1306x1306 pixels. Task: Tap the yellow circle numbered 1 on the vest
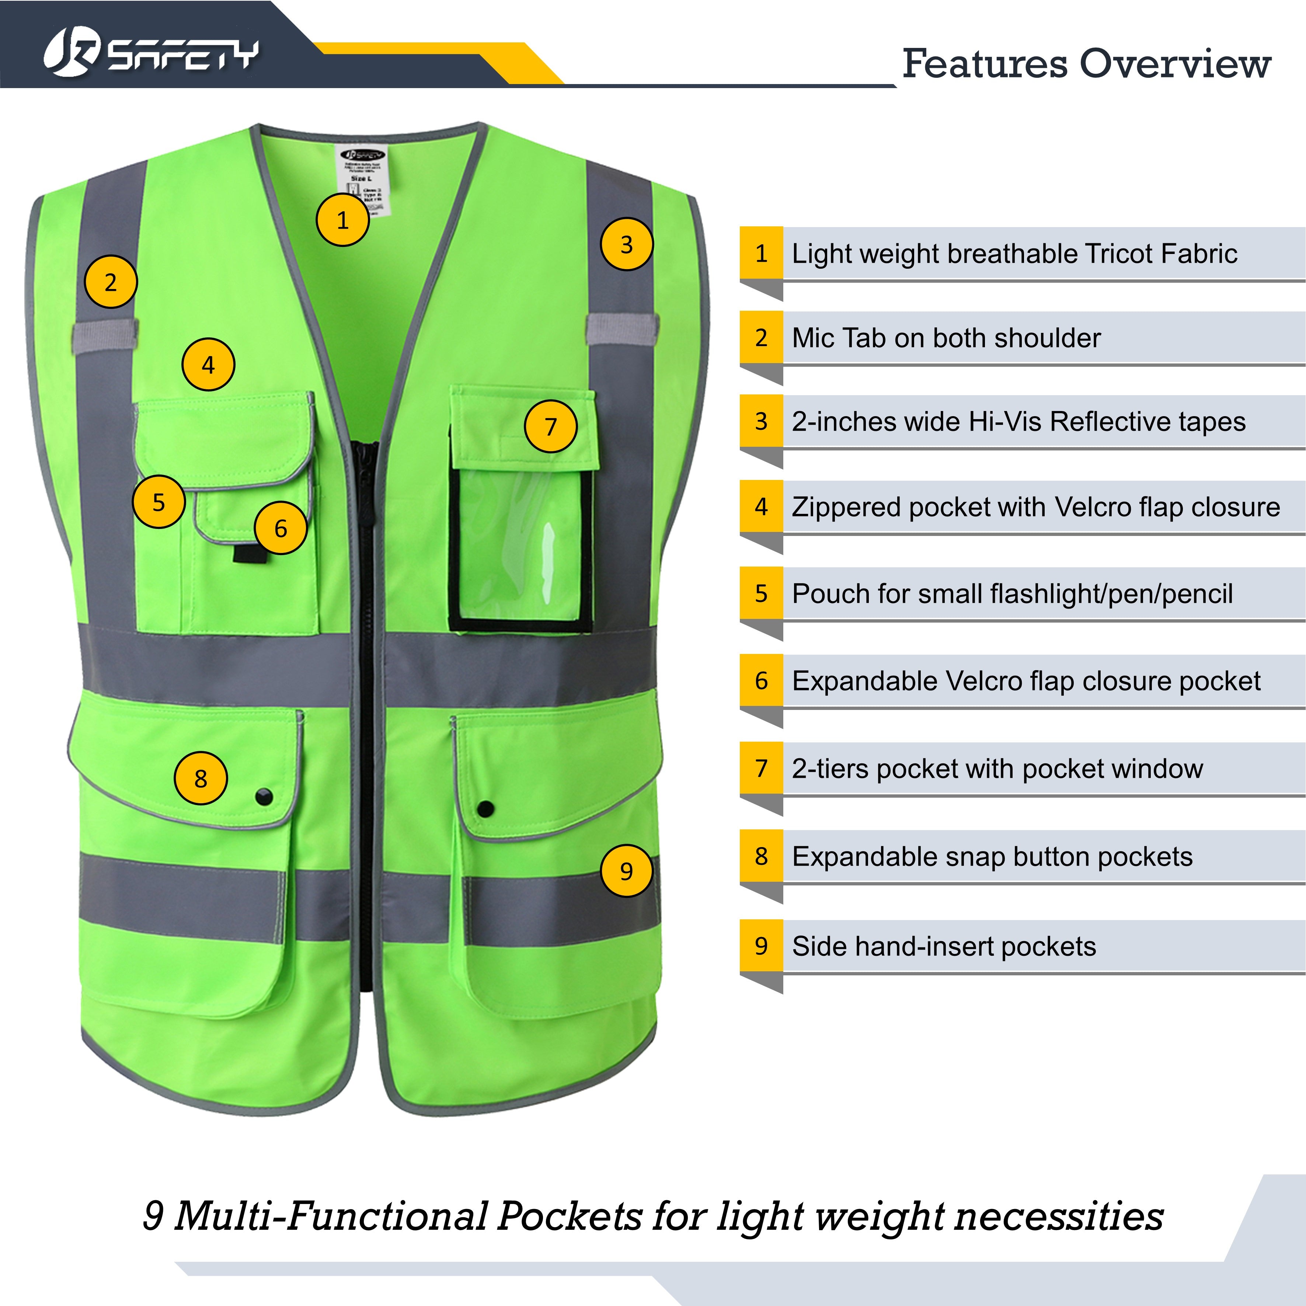coord(343,220)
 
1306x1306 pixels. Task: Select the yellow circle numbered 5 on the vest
coord(159,502)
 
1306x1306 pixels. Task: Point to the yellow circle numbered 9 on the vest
coord(627,871)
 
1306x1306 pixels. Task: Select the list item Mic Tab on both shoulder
coord(946,338)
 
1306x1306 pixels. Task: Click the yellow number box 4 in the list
coord(761,506)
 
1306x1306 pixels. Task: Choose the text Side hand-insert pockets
coord(944,946)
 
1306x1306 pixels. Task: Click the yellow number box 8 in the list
coord(761,856)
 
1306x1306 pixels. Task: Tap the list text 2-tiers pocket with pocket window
coord(997,769)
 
